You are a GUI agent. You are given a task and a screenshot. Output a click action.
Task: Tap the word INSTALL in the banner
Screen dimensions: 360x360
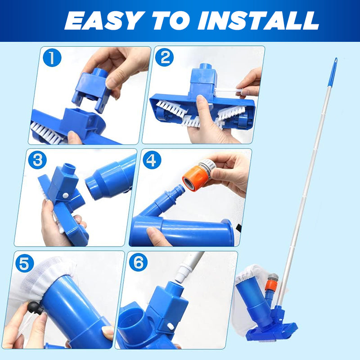point(258,21)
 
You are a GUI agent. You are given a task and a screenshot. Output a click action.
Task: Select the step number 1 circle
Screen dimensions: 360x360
point(52,58)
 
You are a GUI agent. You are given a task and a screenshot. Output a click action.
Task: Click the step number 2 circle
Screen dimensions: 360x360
point(164,57)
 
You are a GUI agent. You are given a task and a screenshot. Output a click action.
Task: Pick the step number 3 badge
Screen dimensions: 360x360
point(37,160)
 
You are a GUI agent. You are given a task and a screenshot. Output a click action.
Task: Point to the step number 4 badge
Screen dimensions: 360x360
point(152,160)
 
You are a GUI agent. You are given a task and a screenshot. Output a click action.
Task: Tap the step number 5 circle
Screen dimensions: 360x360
point(25,263)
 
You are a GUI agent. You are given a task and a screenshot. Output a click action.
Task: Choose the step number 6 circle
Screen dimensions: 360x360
point(138,262)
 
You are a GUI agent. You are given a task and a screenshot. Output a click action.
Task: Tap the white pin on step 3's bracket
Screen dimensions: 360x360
point(65,196)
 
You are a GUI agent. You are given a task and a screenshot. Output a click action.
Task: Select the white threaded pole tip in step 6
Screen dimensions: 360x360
point(183,272)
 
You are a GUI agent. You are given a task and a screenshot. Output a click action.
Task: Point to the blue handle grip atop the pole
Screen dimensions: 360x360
point(333,72)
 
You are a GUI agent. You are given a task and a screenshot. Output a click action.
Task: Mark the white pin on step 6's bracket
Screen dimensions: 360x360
point(171,326)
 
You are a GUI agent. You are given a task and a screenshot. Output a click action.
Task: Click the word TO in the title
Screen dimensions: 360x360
point(171,21)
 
